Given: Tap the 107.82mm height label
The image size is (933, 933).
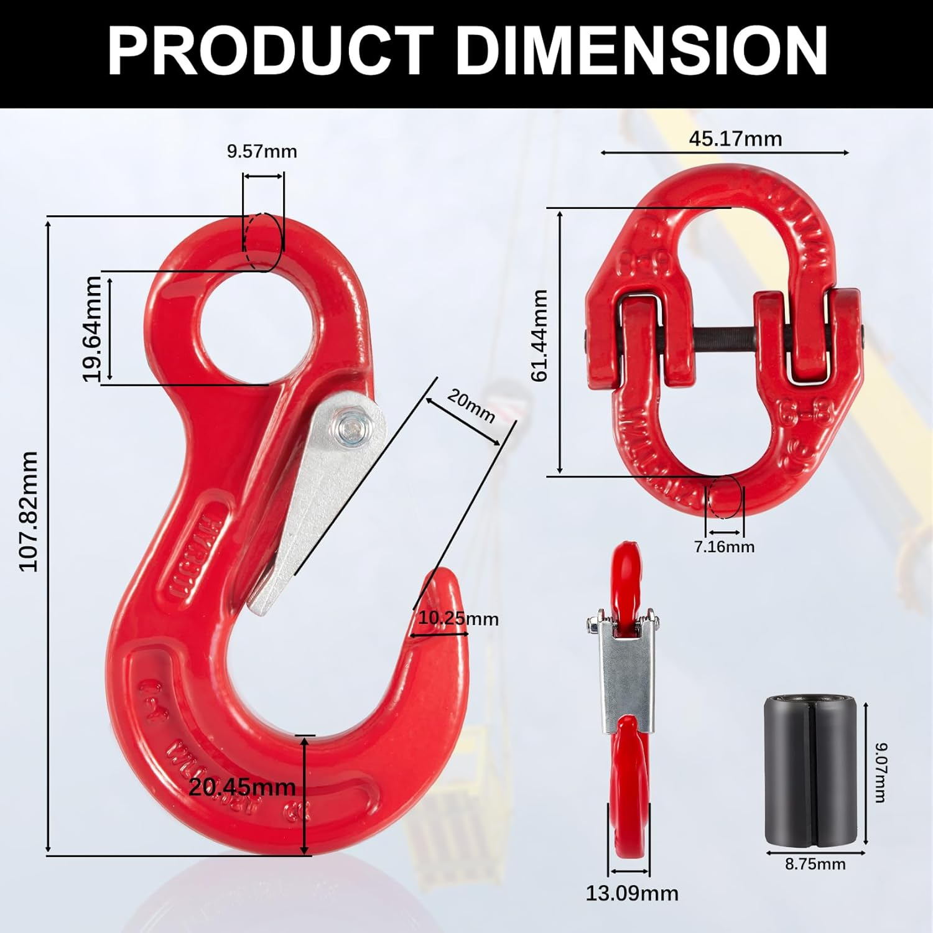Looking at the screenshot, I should tap(29, 511).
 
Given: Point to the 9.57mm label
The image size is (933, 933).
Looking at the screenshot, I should tap(262, 151).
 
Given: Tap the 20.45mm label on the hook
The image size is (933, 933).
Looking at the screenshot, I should tap(243, 787).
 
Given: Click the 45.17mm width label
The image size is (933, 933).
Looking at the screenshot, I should tap(735, 139).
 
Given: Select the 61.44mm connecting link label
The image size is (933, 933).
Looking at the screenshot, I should tap(539, 336).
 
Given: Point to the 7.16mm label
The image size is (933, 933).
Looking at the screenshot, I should tap(724, 547).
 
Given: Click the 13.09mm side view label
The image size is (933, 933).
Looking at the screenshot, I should tap(632, 893).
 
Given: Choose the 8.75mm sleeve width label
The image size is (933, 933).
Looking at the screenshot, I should tap(815, 864).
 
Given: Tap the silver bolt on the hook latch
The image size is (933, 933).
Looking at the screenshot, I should tap(350, 429).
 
